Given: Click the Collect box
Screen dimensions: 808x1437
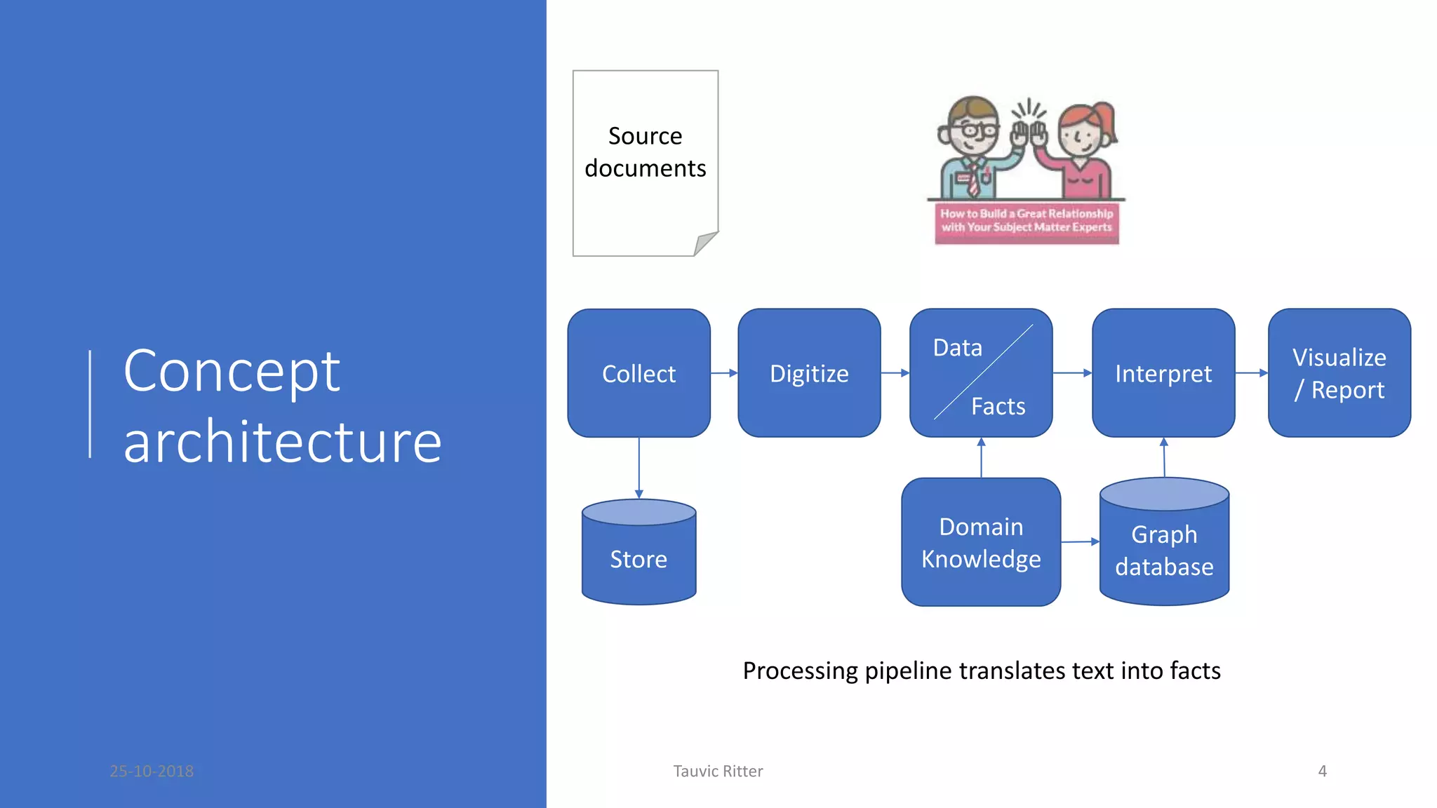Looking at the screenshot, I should pos(639,373).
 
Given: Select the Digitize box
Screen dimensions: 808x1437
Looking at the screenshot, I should pos(809,373).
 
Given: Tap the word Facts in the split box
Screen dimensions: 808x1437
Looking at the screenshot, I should pos(998,406).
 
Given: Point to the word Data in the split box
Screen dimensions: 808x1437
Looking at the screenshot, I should pos(957,347).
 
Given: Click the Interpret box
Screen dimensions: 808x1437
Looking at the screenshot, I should pos(1163,373).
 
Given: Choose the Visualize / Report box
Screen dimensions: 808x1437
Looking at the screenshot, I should pos(1339,373).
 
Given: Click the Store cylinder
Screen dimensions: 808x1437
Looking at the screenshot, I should pos(639,558).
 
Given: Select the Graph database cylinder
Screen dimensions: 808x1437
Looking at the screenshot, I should pos(1164,551).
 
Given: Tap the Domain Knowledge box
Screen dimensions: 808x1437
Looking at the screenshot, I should pos(981,542).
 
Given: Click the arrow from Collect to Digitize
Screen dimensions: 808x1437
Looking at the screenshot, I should pos(724,373).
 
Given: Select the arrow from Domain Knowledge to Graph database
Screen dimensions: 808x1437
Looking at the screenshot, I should pos(1080,541).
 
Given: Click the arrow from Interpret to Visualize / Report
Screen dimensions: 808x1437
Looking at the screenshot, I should pos(1251,373).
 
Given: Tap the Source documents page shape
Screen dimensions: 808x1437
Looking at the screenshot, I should pos(645,196).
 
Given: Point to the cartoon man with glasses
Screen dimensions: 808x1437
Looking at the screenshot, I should pos(972,147).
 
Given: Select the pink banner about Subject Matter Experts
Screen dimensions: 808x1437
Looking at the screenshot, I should pos(1027,222).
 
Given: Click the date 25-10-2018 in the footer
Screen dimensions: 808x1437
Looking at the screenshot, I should pos(152,771).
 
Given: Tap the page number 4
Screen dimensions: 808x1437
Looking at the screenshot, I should pos(1322,771).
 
